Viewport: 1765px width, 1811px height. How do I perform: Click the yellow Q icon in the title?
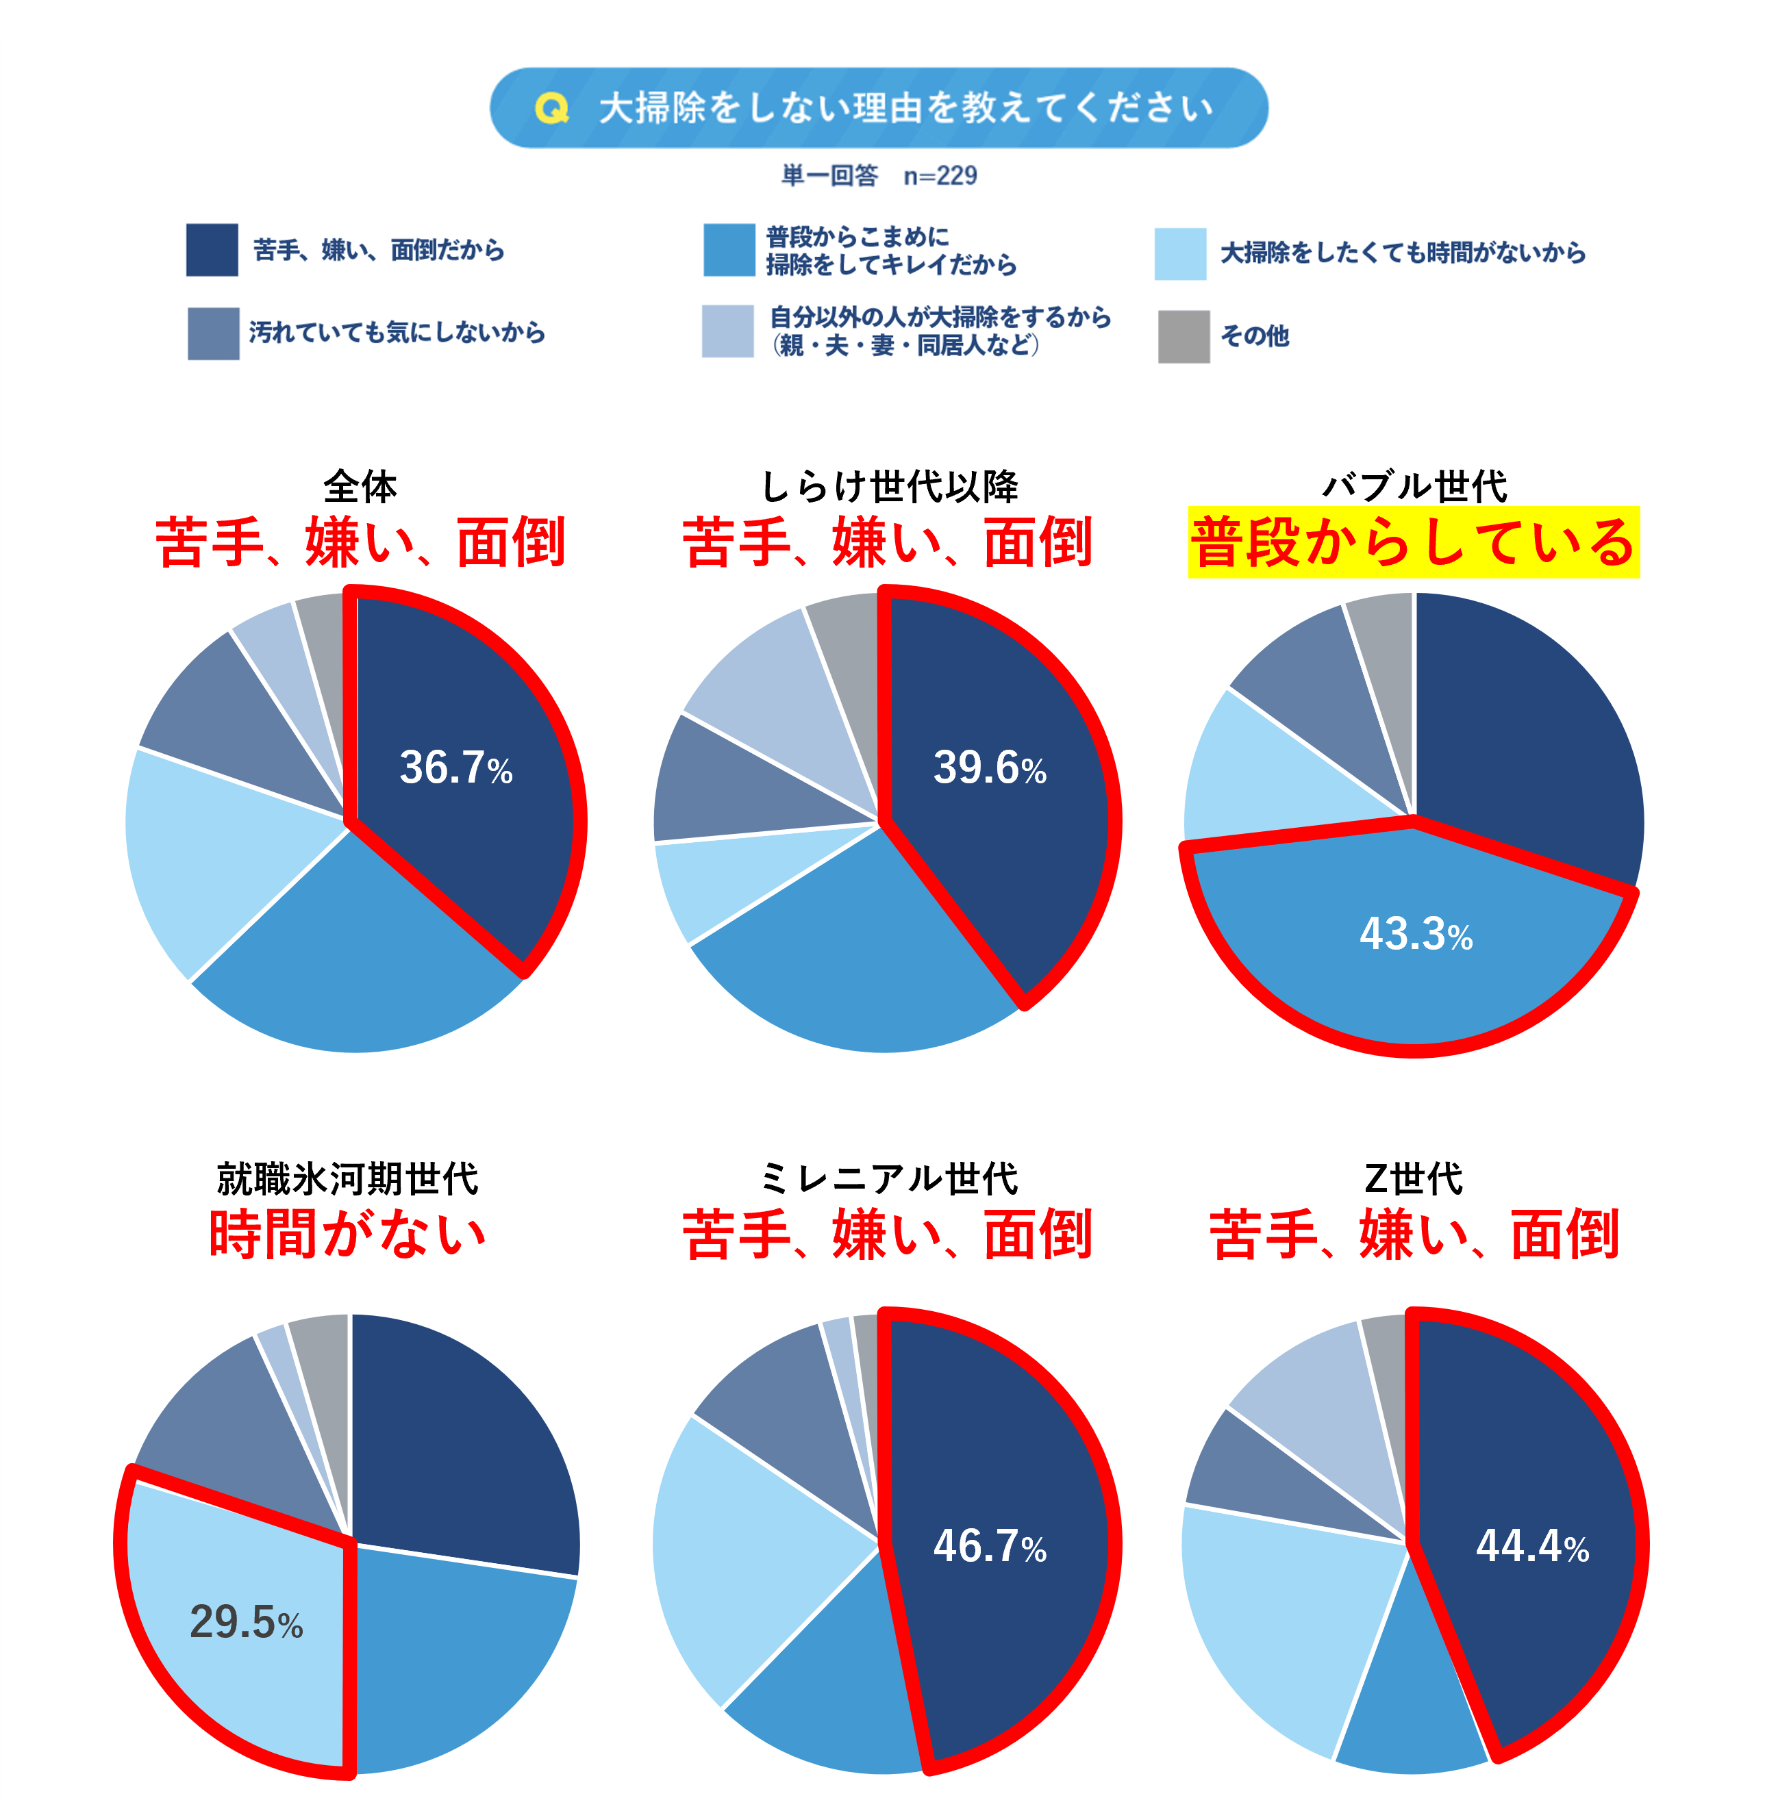(551, 108)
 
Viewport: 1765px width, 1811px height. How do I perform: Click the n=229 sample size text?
(940, 175)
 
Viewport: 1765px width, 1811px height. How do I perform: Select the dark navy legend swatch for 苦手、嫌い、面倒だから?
(212, 249)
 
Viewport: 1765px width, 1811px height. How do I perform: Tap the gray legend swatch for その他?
(1183, 336)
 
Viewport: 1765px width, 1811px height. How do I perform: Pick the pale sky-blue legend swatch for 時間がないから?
(1179, 253)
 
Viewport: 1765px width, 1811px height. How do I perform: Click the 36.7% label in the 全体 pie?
(455, 768)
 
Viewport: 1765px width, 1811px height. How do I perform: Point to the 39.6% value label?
(989, 768)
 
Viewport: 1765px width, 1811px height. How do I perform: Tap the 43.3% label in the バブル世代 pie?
(1416, 933)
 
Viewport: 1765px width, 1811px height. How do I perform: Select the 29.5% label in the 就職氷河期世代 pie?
(246, 1622)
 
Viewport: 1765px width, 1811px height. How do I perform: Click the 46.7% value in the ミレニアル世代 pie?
(989, 1546)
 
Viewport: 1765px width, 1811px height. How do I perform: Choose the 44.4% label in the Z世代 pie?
(1531, 1546)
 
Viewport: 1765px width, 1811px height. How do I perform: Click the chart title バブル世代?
(1414, 485)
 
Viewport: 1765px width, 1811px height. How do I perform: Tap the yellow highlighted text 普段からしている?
(1413, 542)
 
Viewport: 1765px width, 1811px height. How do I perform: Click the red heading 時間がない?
(348, 1234)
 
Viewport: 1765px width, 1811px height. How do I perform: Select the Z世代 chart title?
(1413, 1179)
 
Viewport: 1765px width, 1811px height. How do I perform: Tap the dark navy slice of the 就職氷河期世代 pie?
(464, 1446)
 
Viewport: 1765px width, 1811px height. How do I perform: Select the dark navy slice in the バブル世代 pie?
(1529, 732)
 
